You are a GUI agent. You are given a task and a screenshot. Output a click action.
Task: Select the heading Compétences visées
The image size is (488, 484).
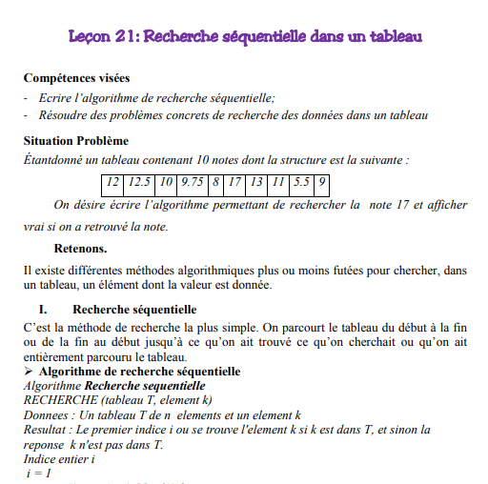click(76, 78)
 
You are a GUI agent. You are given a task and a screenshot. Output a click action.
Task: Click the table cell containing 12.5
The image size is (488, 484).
click(141, 182)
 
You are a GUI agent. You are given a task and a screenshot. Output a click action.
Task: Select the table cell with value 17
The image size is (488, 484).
click(235, 182)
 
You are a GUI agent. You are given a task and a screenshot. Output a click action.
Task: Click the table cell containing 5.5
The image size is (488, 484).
click(301, 182)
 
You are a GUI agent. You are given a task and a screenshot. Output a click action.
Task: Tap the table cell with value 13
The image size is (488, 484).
click(257, 182)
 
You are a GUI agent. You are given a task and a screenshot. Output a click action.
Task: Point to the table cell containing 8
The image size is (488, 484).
click(216, 182)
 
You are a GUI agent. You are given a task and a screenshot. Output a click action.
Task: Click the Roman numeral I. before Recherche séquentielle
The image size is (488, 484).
click(43, 310)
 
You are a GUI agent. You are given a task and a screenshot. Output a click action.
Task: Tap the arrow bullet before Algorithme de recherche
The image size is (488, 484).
click(28, 372)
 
